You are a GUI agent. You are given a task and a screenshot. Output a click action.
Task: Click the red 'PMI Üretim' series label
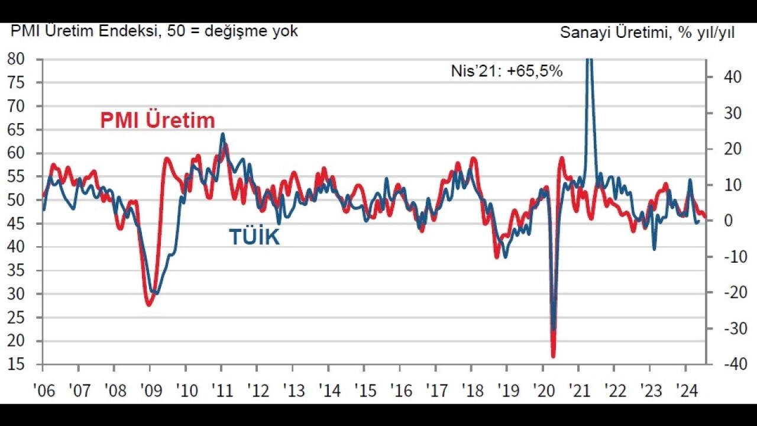click(x=157, y=121)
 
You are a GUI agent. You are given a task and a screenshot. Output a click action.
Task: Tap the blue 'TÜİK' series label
click(x=254, y=237)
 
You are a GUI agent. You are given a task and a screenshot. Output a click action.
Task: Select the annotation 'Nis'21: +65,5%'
click(x=507, y=72)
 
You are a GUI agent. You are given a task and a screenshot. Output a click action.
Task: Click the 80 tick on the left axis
click(x=16, y=59)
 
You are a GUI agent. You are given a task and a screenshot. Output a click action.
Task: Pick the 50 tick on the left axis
click(x=16, y=200)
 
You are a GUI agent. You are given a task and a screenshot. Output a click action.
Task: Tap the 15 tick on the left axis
click(x=16, y=364)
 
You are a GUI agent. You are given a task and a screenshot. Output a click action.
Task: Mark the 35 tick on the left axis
click(x=16, y=270)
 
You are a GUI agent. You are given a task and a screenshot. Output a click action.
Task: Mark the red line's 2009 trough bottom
click(x=148, y=305)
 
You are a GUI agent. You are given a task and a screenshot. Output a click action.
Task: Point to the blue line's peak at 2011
click(x=222, y=134)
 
